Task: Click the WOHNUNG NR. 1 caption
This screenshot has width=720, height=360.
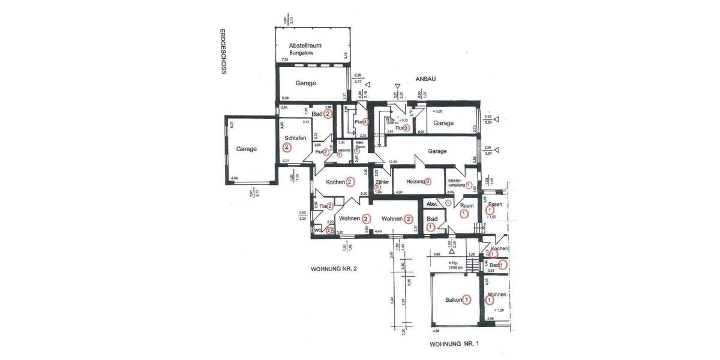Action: tap(455, 344)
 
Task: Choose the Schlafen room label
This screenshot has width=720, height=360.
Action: tap(295, 138)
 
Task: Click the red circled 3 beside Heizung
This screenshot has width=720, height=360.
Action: tap(428, 181)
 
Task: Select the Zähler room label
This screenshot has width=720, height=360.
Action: tap(382, 181)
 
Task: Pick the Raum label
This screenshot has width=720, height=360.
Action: tap(467, 205)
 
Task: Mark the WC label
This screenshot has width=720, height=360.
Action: tap(318, 229)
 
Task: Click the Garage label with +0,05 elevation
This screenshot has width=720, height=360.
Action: tap(443, 122)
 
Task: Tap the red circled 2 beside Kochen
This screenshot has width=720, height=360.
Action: tap(349, 181)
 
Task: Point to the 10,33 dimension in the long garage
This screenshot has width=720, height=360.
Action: tap(394, 162)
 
